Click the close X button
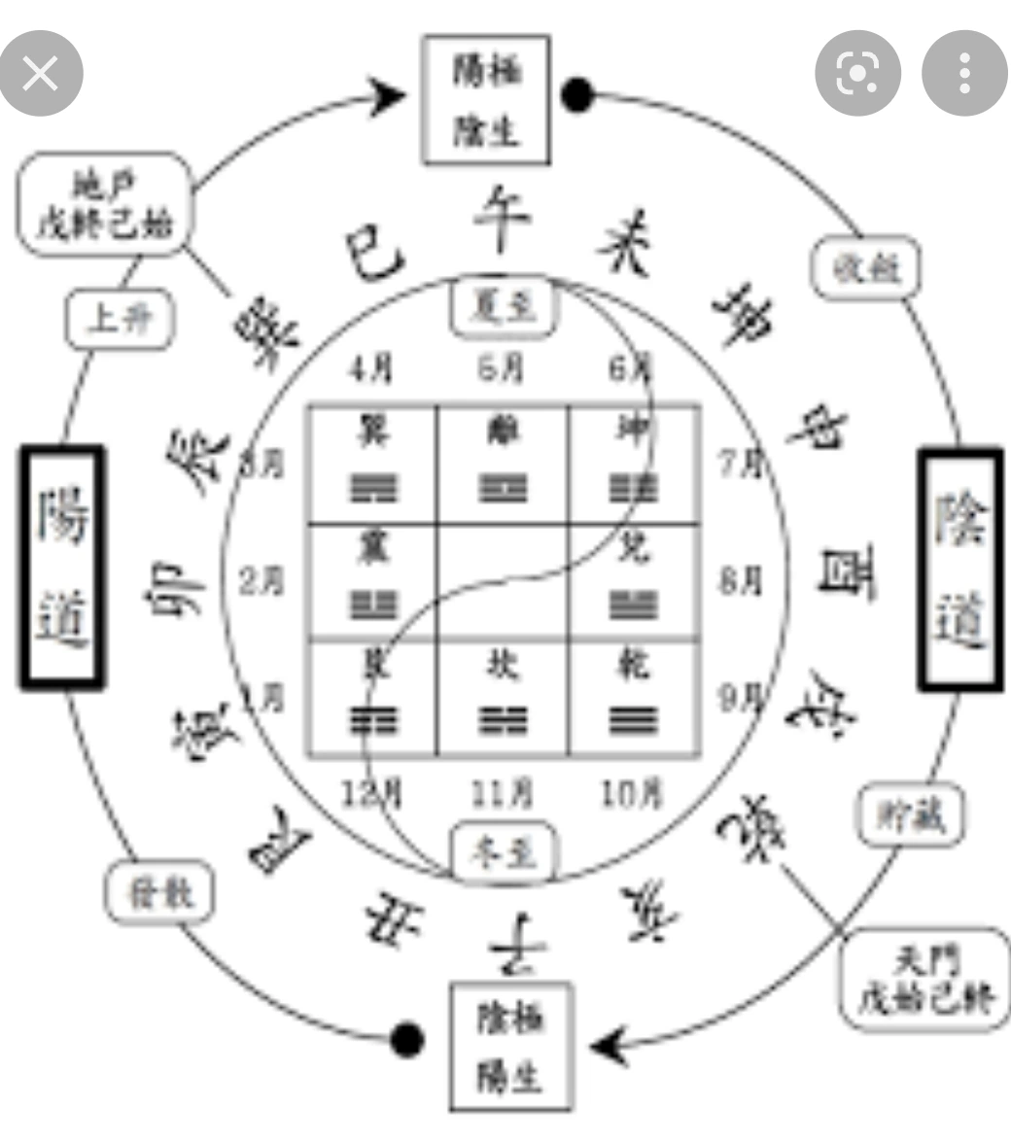pos(41,74)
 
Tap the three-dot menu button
pos(963,74)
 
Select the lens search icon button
pos(857,74)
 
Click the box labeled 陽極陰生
pos(486,100)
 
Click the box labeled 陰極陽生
pos(510,1047)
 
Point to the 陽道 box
pos(62,568)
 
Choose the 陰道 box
pos(960,570)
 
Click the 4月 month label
pos(371,368)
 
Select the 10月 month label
pos(632,794)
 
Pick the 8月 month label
pos(741,580)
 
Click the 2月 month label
pos(261,581)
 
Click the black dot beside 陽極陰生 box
pos(577,95)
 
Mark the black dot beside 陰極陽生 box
pos(407,1039)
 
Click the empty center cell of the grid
pos(503,581)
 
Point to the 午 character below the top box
pos(502,220)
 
